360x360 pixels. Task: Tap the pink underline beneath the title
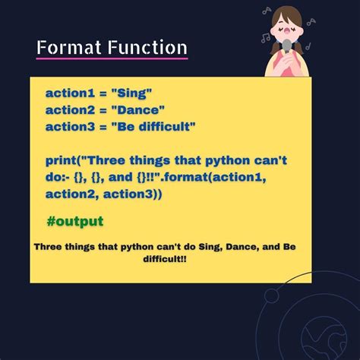(112, 58)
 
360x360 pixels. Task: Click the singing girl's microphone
(288, 49)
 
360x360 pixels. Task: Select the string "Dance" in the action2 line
(137, 109)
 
